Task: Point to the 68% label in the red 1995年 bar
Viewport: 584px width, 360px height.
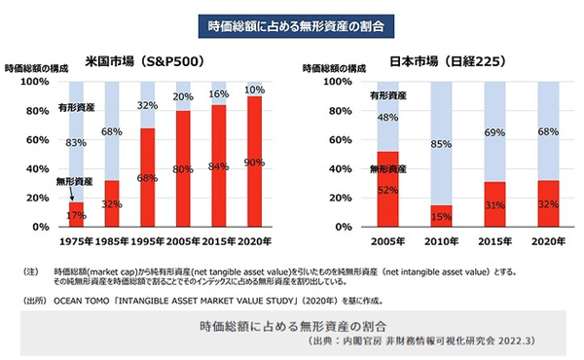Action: tap(146, 178)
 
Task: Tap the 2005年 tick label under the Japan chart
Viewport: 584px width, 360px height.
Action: tap(388, 238)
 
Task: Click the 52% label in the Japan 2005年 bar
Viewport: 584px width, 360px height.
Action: tap(388, 189)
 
